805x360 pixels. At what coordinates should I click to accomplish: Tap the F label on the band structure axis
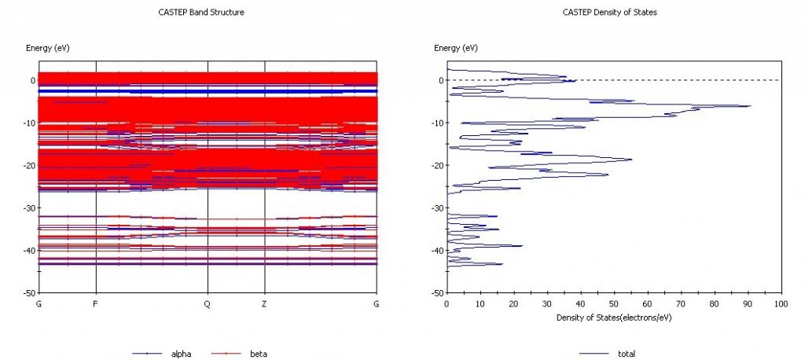click(95, 303)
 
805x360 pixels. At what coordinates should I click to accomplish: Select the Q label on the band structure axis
click(208, 303)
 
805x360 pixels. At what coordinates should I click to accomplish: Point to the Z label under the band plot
click(264, 303)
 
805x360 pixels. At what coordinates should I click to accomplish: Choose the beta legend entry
click(258, 354)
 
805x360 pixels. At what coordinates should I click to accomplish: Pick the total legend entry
click(626, 354)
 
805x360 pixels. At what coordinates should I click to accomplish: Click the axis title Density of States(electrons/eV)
click(613, 318)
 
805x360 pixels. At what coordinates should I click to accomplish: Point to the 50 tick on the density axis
click(614, 303)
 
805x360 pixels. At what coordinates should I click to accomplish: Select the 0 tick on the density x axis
click(447, 303)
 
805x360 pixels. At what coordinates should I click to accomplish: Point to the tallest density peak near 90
click(749, 105)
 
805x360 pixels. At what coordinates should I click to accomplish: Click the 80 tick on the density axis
click(714, 303)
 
